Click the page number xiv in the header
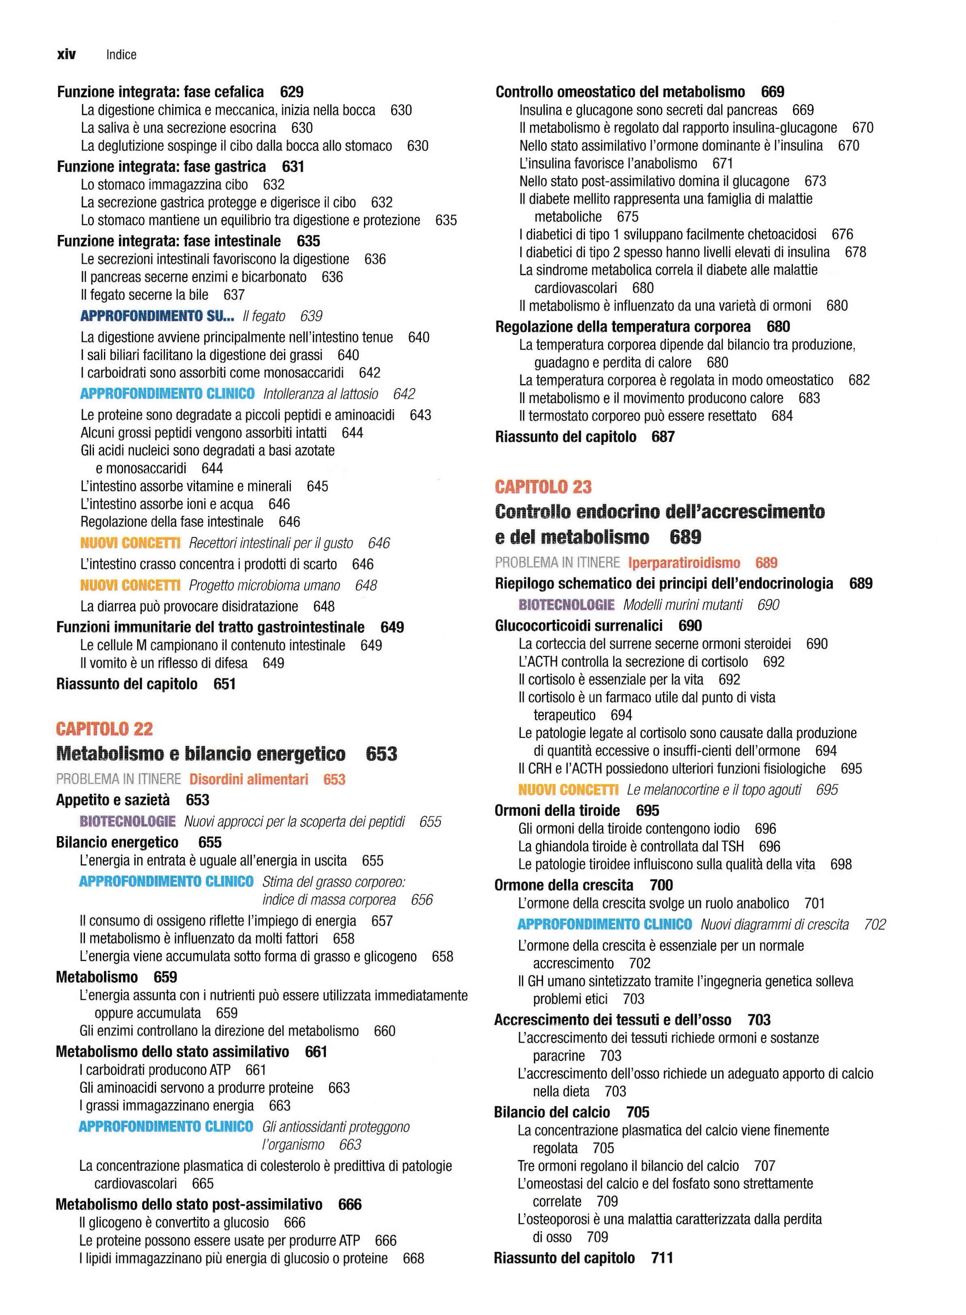pos(66,54)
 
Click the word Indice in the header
pos(121,55)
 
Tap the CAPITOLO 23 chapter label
pos(543,487)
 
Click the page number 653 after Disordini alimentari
pos(334,779)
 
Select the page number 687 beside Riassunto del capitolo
pos(663,437)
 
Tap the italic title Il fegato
pos(264,317)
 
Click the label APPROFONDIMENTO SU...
pos(157,317)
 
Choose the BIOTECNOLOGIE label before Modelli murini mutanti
pos(566,605)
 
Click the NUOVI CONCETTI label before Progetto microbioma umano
pos(130,585)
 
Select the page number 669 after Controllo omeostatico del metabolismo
pos(773,92)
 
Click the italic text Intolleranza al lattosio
pos(321,394)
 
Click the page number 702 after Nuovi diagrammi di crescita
pos(874,925)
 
